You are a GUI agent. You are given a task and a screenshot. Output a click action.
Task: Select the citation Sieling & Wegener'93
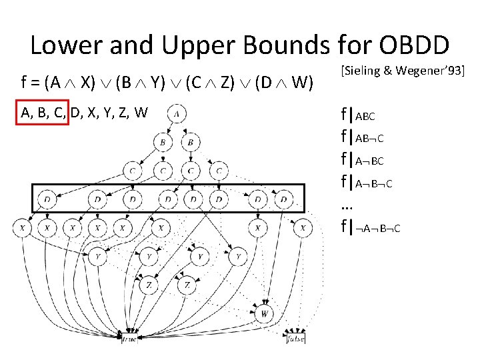402,71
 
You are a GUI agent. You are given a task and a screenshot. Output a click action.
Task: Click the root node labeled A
177,113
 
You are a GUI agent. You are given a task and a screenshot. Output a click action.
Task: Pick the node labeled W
265,312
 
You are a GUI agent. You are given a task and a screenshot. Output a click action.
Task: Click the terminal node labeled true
129,339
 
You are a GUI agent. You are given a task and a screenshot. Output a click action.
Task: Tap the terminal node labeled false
295,339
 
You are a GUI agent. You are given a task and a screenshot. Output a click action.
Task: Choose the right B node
191,143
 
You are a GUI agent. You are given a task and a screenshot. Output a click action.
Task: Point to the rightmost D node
284,199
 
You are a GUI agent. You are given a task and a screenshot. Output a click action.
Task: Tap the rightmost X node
303,228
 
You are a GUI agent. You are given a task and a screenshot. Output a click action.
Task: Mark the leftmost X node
23,228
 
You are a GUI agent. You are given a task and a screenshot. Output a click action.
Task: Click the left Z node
149,285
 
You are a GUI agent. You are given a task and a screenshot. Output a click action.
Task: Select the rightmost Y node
238,255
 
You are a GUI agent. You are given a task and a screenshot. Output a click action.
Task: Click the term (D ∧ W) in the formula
286,83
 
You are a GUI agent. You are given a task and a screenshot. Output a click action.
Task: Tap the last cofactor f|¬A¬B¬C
371,228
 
